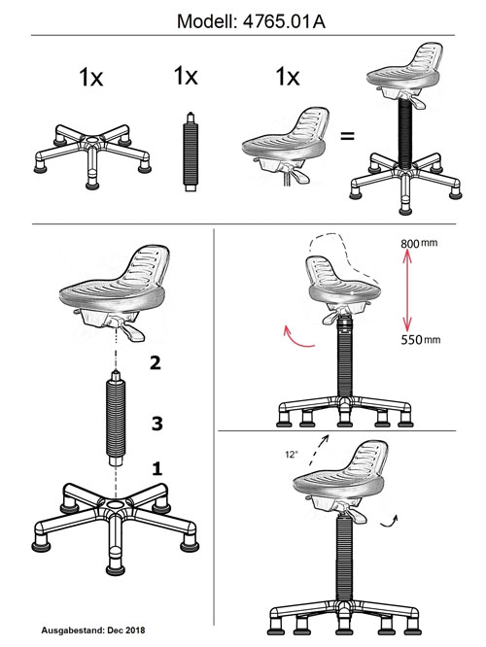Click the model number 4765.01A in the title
284,21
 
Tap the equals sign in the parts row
347,136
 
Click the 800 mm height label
419,243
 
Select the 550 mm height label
420,340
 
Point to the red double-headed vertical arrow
407,290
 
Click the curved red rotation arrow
297,337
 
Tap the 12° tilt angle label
291,455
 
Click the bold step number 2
156,362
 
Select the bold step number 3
156,424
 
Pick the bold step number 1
157,469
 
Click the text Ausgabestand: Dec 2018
93,630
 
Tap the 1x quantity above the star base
90,77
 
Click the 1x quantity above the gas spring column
186,76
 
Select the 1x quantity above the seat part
288,77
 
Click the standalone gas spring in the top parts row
191,152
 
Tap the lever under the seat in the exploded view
132,331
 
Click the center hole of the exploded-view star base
116,504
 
